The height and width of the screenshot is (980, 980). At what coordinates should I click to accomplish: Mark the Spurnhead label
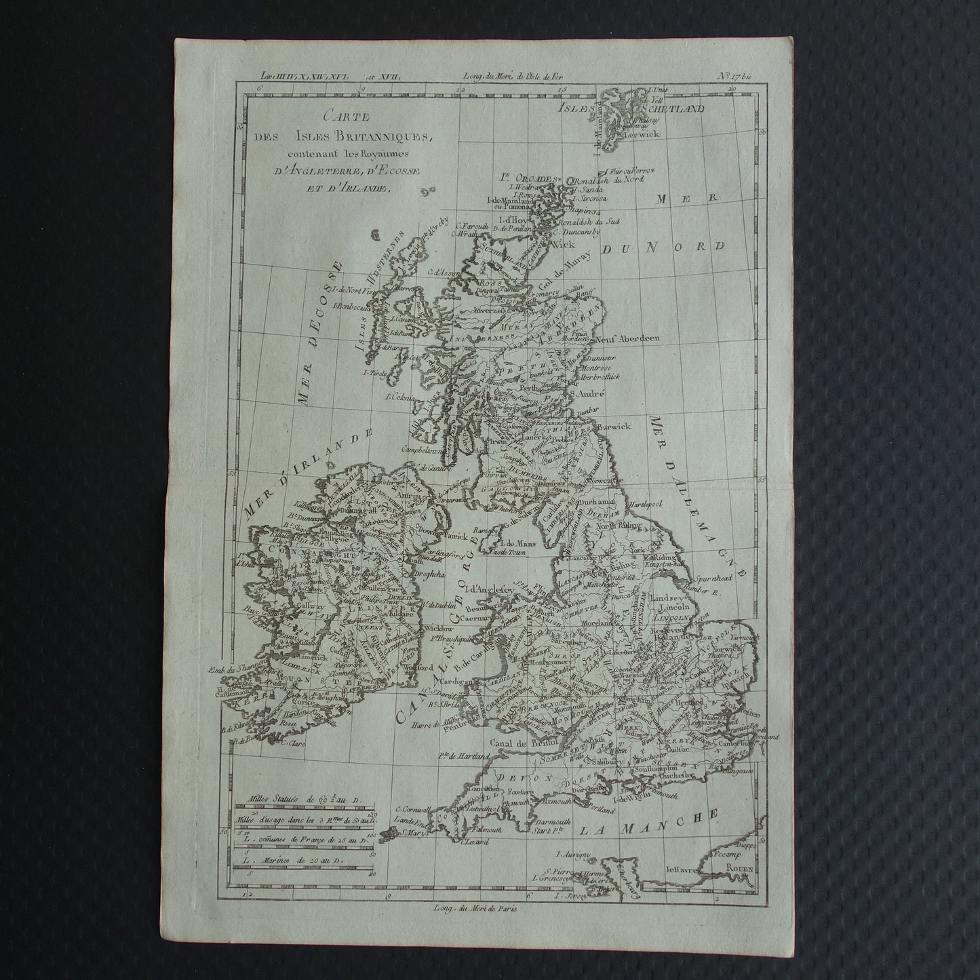tap(712, 579)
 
